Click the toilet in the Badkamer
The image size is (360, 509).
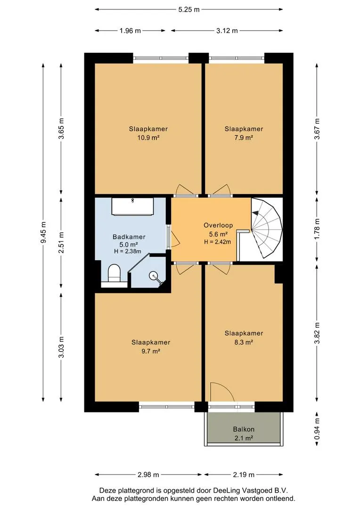click(114, 273)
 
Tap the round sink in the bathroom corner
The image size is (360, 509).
click(153, 276)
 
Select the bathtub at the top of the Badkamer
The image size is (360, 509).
click(132, 206)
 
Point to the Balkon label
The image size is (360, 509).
click(244, 429)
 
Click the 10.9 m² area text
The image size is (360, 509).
click(148, 138)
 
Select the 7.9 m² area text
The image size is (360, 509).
click(244, 138)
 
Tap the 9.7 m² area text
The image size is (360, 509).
click(151, 351)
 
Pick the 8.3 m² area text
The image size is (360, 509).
click(244, 342)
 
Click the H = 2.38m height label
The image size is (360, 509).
click(128, 251)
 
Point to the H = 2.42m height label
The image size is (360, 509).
click(218, 241)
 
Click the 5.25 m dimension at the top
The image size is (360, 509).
click(188, 9)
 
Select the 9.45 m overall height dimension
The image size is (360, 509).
click(43, 232)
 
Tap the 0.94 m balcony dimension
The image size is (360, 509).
click(317, 429)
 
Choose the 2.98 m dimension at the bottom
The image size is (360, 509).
click(148, 475)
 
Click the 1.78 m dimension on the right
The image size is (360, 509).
click(317, 229)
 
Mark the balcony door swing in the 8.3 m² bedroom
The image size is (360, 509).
click(222, 392)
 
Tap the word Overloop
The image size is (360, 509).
click(218, 225)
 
